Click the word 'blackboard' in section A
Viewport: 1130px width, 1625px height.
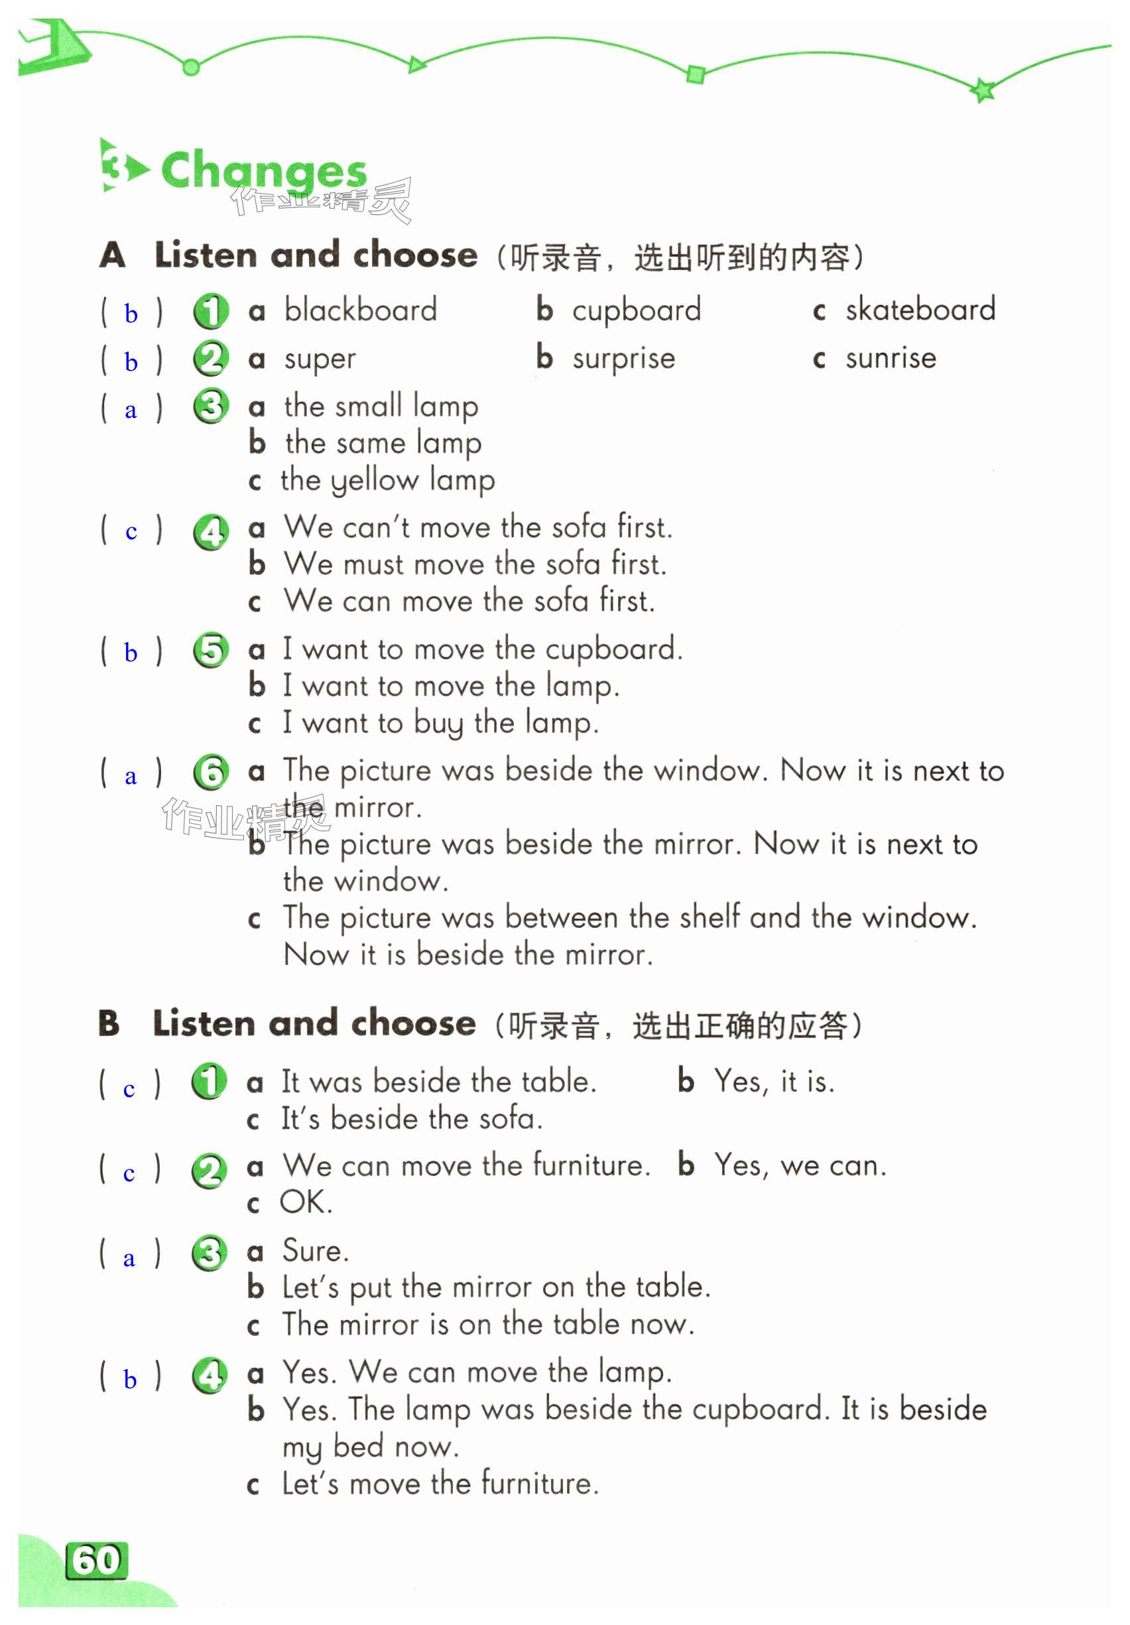[x=360, y=310]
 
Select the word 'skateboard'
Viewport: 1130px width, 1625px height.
[x=920, y=309]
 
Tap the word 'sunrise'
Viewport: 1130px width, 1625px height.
[x=890, y=358]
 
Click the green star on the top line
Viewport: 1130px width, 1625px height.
[x=983, y=90]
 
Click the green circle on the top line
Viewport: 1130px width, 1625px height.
[x=190, y=67]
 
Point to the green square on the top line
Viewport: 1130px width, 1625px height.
[x=695, y=74]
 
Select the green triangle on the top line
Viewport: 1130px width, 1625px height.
[x=416, y=65]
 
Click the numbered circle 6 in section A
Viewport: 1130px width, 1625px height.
[x=211, y=772]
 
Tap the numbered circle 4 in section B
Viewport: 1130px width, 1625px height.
[x=209, y=1375]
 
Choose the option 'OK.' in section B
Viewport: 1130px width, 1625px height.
[x=306, y=1202]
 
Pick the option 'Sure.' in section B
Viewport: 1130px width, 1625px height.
[x=315, y=1252]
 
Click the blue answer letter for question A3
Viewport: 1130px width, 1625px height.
[x=130, y=411]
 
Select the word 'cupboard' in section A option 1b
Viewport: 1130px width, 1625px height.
[x=636, y=310]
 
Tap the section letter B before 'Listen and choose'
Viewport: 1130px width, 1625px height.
[x=109, y=1023]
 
